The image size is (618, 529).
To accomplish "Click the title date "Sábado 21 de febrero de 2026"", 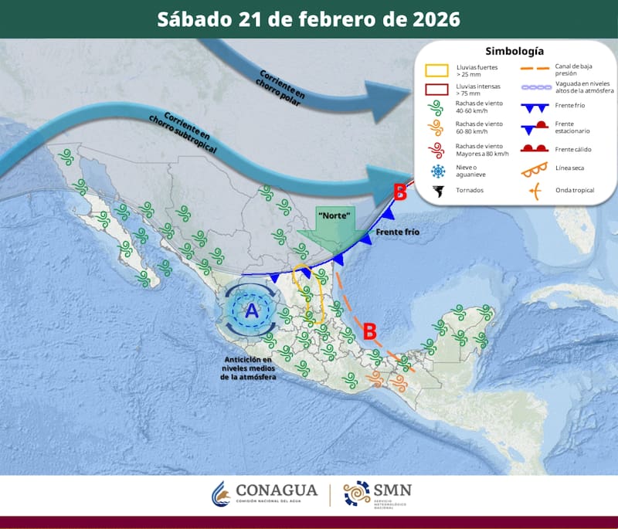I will tap(308, 19).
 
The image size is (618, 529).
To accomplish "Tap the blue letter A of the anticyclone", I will tap(251, 311).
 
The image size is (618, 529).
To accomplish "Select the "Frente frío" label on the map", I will tap(397, 231).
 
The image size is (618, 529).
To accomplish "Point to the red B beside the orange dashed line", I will tap(370, 331).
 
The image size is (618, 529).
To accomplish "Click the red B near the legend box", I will tap(399, 192).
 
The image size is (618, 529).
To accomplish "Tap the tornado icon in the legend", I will tap(438, 190).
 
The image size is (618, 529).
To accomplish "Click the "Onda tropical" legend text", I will tap(574, 190).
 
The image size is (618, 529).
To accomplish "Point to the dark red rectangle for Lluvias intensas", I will tap(438, 89).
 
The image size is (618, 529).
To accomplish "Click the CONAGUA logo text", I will tap(276, 490).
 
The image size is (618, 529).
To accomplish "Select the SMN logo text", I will tap(392, 490).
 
